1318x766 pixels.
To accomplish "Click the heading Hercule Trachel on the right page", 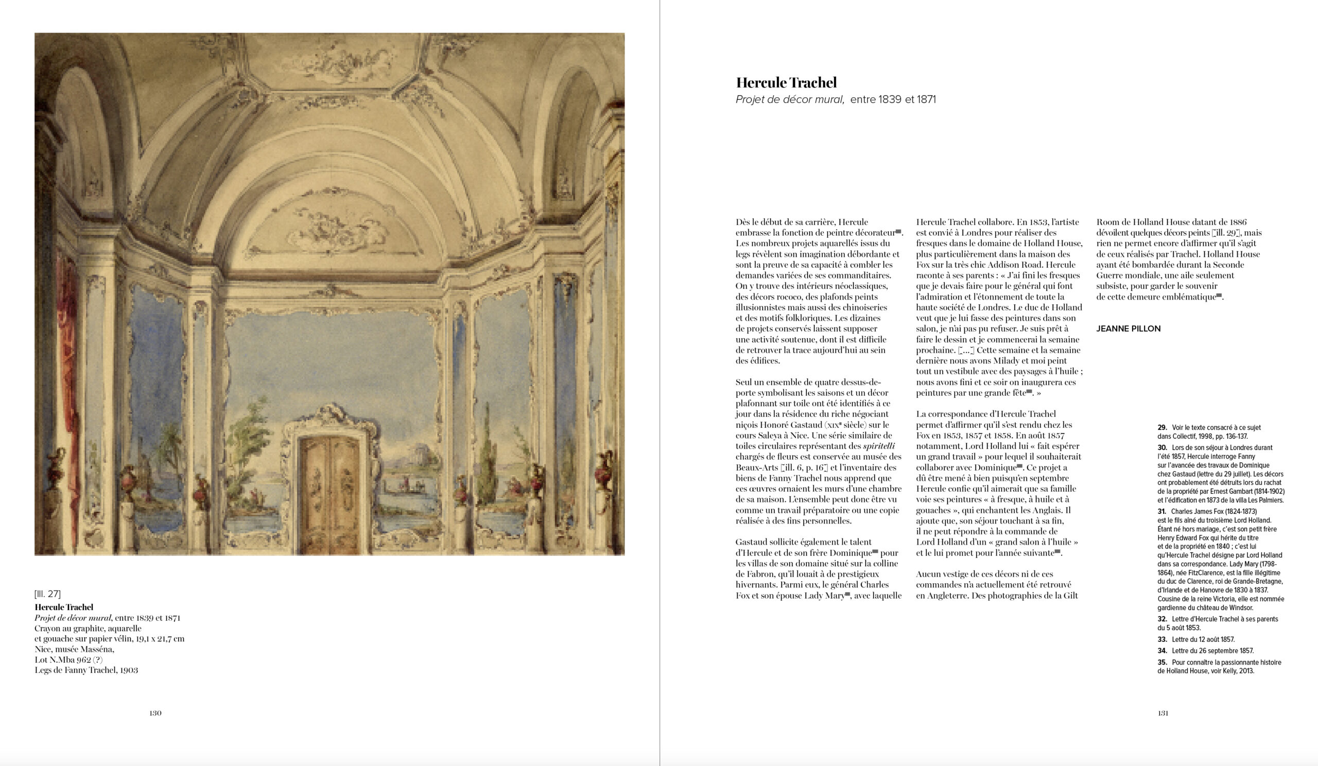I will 786,82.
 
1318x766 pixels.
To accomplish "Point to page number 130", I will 155,713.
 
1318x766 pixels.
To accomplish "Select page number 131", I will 1163,713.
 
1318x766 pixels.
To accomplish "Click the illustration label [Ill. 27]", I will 47,594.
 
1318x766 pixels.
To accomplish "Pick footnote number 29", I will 1162,428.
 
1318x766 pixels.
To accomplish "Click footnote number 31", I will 1162,511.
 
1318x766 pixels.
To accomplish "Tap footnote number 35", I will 1162,663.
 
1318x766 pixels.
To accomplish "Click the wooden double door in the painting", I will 329,494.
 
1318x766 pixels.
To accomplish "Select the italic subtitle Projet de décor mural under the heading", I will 790,99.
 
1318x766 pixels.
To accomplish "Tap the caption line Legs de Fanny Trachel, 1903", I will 86,670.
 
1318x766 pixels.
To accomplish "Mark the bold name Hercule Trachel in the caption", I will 64,607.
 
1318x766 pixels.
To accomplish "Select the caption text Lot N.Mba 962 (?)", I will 68,659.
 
